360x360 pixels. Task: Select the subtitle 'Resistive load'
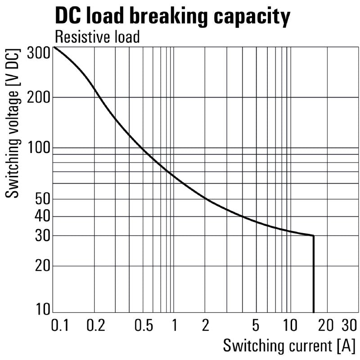pyautogui.click(x=97, y=37)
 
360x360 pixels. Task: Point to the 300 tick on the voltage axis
pyautogui.click(x=38, y=53)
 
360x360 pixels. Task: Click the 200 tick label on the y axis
pyautogui.click(x=37, y=97)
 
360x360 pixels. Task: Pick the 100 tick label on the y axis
pyautogui.click(x=37, y=148)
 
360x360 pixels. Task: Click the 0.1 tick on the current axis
pyautogui.click(x=59, y=325)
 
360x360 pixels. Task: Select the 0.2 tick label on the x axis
pyautogui.click(x=94, y=325)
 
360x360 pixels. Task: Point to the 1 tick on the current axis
pyautogui.click(x=174, y=325)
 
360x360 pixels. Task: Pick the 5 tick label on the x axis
pyautogui.click(x=256, y=325)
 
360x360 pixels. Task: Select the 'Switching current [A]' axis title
pyautogui.click(x=289, y=346)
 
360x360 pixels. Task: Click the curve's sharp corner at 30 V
pyautogui.click(x=313, y=235)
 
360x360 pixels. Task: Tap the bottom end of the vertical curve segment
pyautogui.click(x=313, y=311)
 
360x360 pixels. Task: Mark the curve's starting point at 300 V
pyautogui.click(x=54, y=47)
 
